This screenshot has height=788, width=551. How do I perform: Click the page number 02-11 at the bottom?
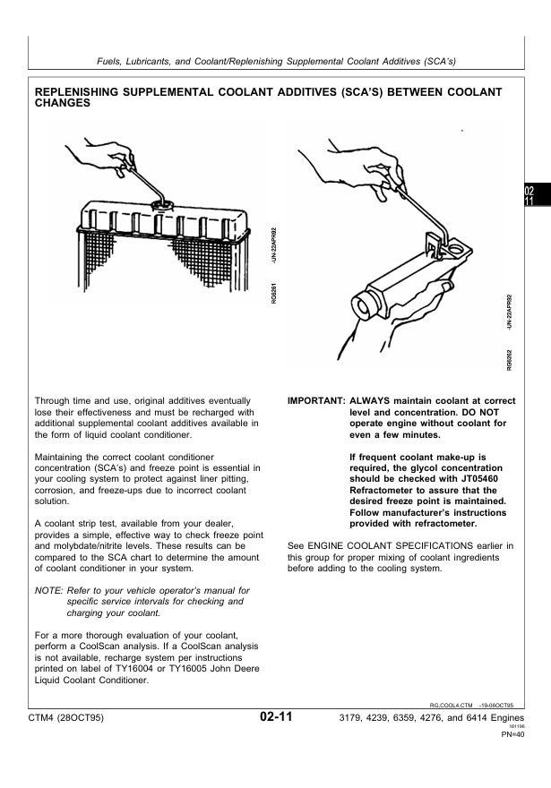pyautogui.click(x=276, y=716)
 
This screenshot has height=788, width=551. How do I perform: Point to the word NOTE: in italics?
pyautogui.click(x=48, y=590)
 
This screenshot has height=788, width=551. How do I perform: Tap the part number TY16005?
pyautogui.click(x=223, y=669)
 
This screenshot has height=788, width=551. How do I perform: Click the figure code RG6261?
pyautogui.click(x=273, y=293)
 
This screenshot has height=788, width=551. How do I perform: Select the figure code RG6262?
pyautogui.click(x=509, y=360)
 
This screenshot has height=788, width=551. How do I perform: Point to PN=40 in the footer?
pyautogui.click(x=512, y=735)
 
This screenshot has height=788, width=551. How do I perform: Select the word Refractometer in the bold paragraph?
pyautogui.click(x=381, y=491)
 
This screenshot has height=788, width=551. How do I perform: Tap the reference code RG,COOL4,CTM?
pyautogui.click(x=451, y=706)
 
